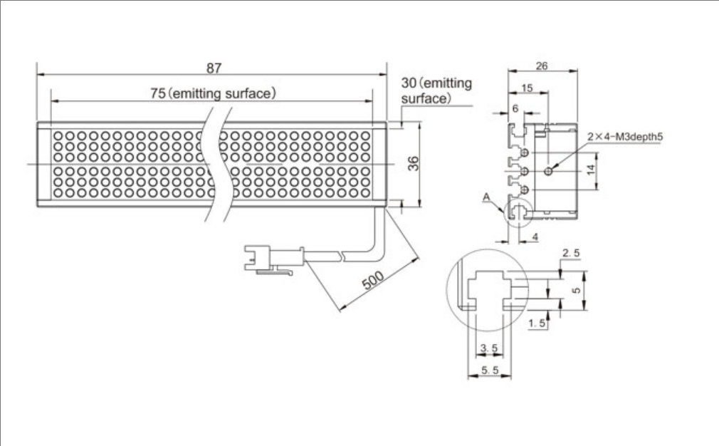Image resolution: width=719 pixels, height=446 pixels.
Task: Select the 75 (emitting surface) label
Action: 213,93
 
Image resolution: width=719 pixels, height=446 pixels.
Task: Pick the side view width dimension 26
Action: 541,66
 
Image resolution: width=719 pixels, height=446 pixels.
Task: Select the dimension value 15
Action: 526,87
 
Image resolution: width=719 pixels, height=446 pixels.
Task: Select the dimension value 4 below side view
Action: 536,236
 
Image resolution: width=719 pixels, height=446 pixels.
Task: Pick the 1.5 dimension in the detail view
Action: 537,324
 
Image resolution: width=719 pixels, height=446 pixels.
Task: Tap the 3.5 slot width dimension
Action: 489,348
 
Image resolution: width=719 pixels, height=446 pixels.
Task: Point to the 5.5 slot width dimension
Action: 489,370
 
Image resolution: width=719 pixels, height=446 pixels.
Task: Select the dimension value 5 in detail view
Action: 577,291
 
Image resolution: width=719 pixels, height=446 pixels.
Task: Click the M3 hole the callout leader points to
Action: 547,171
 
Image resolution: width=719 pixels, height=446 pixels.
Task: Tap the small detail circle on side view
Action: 517,211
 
